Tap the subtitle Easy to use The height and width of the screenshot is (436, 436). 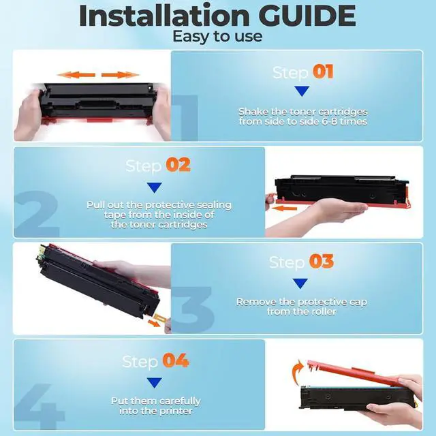217,36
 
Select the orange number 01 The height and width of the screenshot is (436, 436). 322,72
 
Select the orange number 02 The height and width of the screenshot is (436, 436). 178,165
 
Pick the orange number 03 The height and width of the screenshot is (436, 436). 321,262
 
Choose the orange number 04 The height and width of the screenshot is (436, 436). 176,360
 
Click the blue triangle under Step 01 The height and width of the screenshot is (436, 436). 302,91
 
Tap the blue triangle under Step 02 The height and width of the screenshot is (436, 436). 155,186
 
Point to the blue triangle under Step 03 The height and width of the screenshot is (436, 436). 300,283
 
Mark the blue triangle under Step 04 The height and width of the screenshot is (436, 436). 155,382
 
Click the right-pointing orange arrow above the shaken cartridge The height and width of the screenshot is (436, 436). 121,74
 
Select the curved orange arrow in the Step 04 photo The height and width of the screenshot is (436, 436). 296,372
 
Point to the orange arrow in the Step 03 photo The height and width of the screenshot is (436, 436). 155,323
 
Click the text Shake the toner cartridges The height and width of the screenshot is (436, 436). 302,111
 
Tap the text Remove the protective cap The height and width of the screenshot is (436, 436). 301,301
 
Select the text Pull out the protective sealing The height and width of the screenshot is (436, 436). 159,204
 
